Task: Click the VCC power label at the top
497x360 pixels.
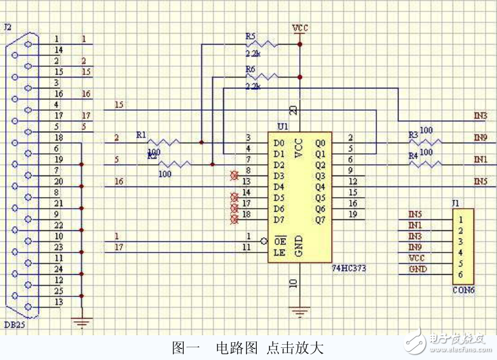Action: click(299, 29)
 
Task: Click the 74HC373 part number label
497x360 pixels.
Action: click(349, 268)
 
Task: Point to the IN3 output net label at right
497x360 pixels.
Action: click(480, 116)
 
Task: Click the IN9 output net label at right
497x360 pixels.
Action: click(480, 137)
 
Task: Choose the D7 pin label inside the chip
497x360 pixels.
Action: click(278, 219)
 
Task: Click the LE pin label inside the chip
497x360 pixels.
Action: click(278, 253)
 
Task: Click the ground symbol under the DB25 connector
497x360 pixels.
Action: click(82, 322)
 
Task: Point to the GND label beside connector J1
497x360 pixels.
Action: click(418, 269)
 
